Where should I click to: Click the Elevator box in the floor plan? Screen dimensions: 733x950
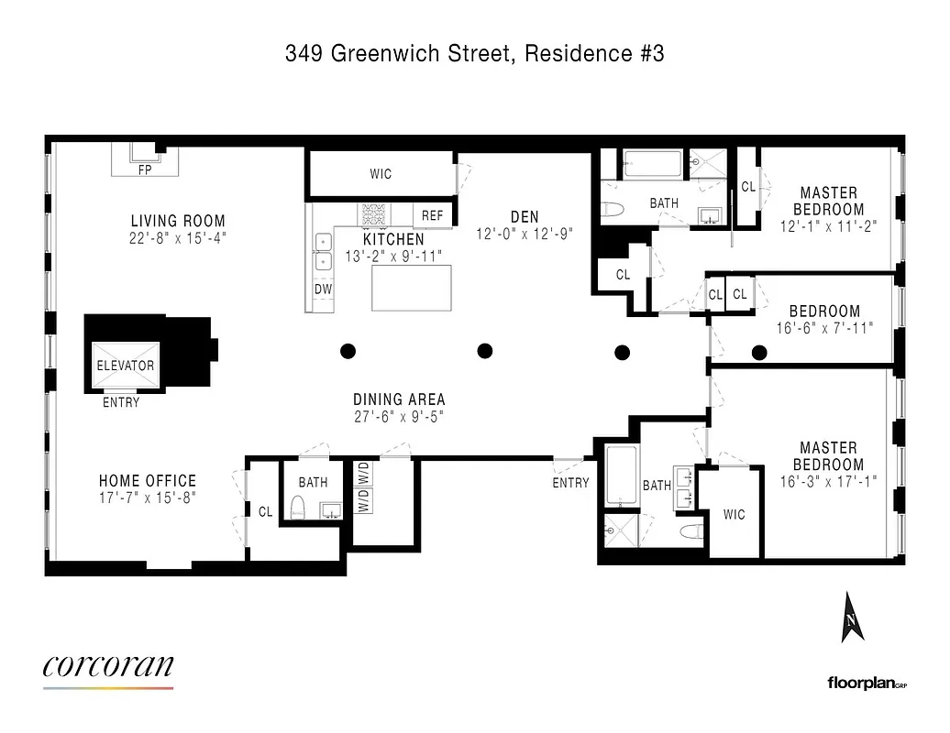point(126,365)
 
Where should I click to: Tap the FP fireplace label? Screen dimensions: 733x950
point(144,170)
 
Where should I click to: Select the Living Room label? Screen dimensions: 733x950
point(178,221)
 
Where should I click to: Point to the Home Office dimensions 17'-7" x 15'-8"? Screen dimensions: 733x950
point(148,498)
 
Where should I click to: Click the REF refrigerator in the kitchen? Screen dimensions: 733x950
point(433,215)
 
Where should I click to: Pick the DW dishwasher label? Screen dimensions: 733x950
point(323,289)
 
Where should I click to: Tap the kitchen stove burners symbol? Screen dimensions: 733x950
point(374,213)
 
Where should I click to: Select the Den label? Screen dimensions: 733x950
point(525,216)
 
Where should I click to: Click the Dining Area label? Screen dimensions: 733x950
point(399,399)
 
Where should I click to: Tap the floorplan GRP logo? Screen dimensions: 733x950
point(866,682)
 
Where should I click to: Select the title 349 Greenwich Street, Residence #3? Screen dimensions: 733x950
point(474,53)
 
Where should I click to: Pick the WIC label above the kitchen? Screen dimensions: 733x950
point(381,174)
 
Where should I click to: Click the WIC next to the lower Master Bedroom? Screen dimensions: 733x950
point(734,514)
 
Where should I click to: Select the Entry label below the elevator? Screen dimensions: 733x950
point(121,402)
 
